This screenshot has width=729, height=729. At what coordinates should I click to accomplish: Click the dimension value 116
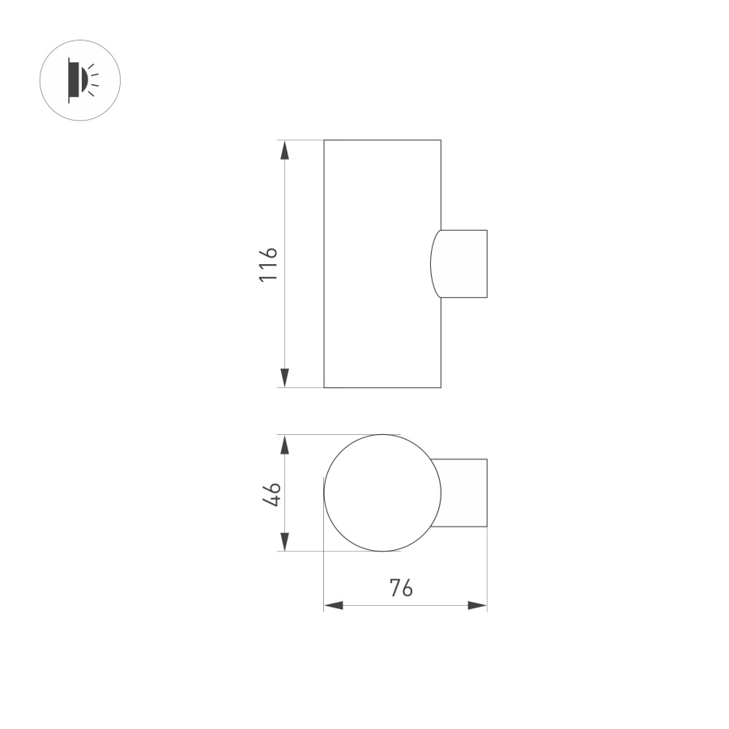pyautogui.click(x=269, y=264)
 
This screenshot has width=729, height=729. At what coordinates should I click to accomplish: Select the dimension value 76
pyautogui.click(x=401, y=589)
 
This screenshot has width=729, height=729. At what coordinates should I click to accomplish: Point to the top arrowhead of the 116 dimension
pyautogui.click(x=285, y=151)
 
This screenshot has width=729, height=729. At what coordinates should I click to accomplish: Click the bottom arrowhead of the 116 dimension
pyautogui.click(x=285, y=377)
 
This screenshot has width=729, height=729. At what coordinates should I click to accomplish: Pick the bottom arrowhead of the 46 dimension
pyautogui.click(x=285, y=541)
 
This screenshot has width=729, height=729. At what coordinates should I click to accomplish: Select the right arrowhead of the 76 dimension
pyautogui.click(x=477, y=605)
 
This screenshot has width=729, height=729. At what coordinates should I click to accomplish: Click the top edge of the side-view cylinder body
pyautogui.click(x=382, y=140)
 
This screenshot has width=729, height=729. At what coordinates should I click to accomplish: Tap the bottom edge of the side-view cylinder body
pyautogui.click(x=382, y=387)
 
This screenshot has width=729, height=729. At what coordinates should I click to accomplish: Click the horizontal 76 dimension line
pyautogui.click(x=373, y=605)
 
